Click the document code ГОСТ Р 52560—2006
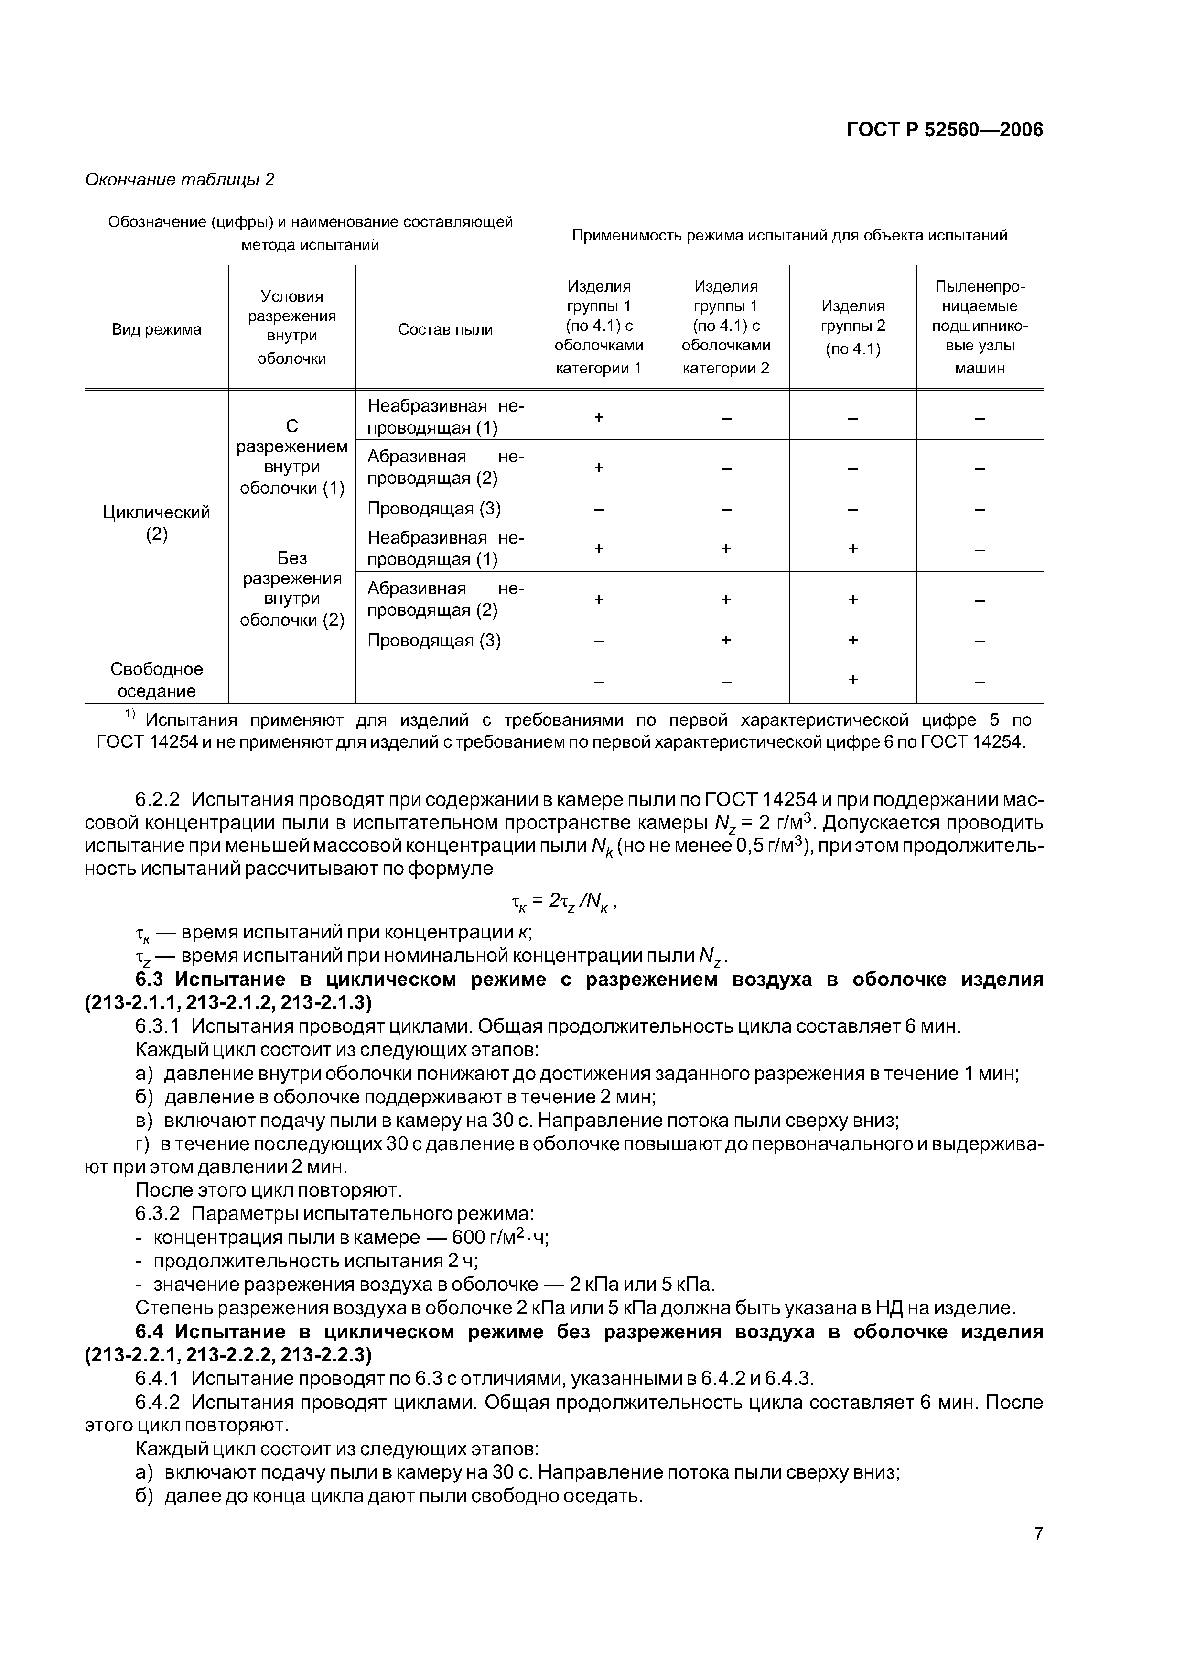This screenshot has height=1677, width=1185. pyautogui.click(x=944, y=130)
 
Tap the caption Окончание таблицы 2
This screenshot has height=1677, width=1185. pyautogui.click(x=180, y=180)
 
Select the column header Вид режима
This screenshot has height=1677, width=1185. pyautogui.click(x=156, y=329)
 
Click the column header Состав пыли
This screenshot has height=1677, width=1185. pyautogui.click(x=445, y=329)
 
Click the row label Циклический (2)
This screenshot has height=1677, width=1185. pyautogui.click(x=156, y=523)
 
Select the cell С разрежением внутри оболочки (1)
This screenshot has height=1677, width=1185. pyautogui.click(x=291, y=457)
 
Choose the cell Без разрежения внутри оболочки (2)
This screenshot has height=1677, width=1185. pyautogui.click(x=291, y=588)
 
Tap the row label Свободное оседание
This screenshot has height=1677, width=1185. pyautogui.click(x=156, y=680)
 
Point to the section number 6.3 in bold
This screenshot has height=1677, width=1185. pyautogui.click(x=151, y=980)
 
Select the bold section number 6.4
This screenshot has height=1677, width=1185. pyautogui.click(x=151, y=1332)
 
